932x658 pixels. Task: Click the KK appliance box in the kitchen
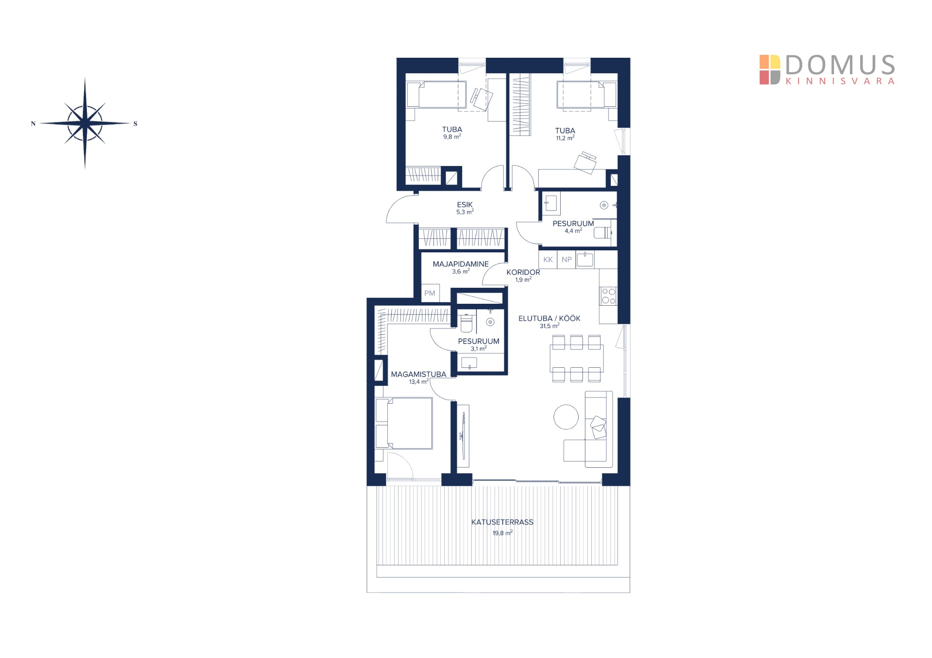click(x=548, y=260)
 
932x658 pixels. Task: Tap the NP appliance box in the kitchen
click(x=566, y=260)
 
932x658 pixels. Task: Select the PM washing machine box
click(x=430, y=293)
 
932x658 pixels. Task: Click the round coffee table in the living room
click(x=566, y=417)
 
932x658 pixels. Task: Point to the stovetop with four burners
click(x=609, y=296)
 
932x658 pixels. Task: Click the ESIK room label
click(x=465, y=205)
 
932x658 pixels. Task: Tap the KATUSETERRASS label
click(x=502, y=522)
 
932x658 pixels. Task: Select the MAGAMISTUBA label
click(x=418, y=374)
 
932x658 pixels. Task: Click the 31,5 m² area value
click(x=549, y=326)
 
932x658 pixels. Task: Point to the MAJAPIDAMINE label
click(x=461, y=264)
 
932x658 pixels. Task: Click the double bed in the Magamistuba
click(x=404, y=423)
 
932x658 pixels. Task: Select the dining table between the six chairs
click(x=577, y=358)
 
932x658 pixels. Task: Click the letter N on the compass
click(x=33, y=124)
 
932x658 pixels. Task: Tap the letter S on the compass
click(x=135, y=124)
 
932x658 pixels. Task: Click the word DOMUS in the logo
click(x=840, y=65)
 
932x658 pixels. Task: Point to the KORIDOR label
click(x=523, y=272)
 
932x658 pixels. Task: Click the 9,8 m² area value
click(x=452, y=137)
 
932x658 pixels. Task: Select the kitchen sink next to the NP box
click(x=585, y=260)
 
